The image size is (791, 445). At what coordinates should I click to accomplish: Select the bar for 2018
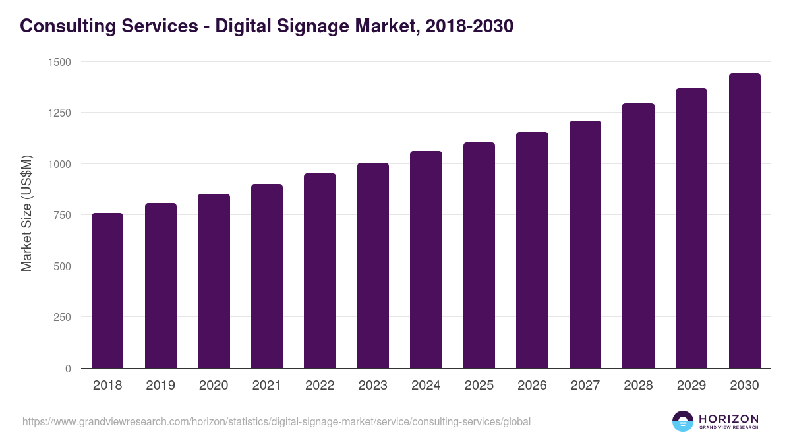[x=107, y=291]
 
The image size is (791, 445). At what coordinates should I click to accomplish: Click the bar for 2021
[x=267, y=276]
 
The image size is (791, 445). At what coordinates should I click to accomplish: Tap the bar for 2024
[x=426, y=260]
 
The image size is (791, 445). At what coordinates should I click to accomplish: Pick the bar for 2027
[x=585, y=245]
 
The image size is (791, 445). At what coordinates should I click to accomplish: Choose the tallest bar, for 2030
[x=744, y=221]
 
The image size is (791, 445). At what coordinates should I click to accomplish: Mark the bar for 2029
[x=691, y=228]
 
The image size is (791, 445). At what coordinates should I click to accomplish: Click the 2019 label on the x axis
[x=160, y=386]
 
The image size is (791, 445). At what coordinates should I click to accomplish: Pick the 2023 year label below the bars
[x=372, y=386]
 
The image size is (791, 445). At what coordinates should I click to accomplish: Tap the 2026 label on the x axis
[x=532, y=386]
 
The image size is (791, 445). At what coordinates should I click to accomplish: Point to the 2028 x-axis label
[x=638, y=386]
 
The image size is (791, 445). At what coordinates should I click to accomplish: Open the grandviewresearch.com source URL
[x=276, y=421]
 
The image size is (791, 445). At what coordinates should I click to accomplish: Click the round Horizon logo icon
[x=683, y=421]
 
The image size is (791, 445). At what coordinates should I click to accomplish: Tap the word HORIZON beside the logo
[x=728, y=419]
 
